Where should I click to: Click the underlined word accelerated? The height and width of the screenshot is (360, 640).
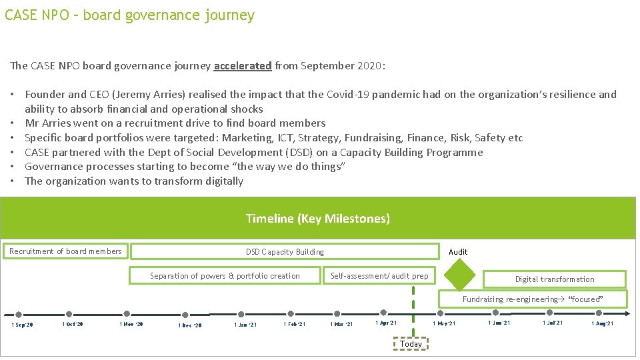(x=243, y=66)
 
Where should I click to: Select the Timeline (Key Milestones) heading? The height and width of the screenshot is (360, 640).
(x=318, y=219)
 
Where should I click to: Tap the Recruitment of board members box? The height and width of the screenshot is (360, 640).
(x=65, y=251)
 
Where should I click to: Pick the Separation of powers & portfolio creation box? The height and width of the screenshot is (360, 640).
(x=225, y=276)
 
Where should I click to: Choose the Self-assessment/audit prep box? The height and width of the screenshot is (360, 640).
(x=379, y=276)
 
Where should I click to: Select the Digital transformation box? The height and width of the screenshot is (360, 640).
(x=554, y=279)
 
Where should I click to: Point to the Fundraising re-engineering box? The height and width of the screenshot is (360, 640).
(x=532, y=299)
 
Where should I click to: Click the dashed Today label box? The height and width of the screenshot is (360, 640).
(x=411, y=344)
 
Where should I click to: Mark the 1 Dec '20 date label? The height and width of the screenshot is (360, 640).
(x=190, y=325)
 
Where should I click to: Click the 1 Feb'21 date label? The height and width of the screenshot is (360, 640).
(x=294, y=324)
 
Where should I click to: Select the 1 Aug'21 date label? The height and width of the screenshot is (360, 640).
(x=603, y=323)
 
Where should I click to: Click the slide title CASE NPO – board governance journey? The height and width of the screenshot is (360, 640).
(x=129, y=15)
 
